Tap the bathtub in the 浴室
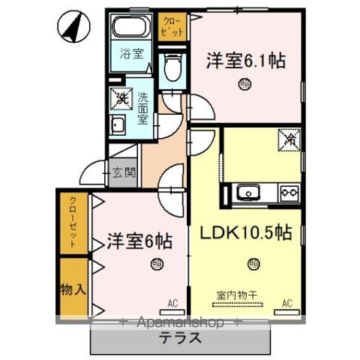point(133,31)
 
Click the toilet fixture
point(172,68)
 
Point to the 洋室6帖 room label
point(139,241)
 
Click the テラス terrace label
point(179,337)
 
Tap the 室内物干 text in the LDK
point(238,293)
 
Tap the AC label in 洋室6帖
point(172,303)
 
